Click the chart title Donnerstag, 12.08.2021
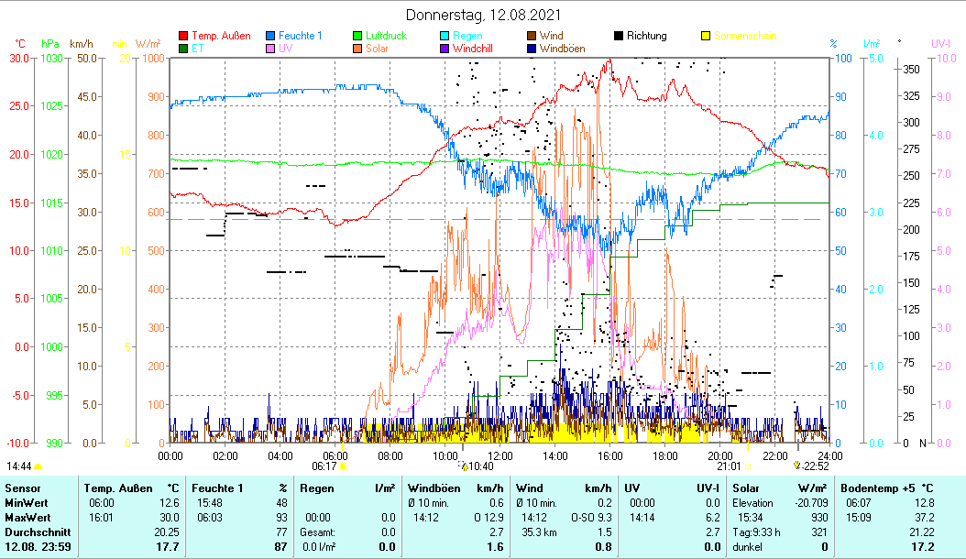(483, 16)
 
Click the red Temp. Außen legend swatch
(183, 37)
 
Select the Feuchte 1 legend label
(302, 37)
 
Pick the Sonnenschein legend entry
(745, 37)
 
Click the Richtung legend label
(646, 37)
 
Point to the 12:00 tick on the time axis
(500, 455)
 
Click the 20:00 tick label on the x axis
(720, 455)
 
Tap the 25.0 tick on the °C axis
(19, 106)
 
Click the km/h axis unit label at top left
(81, 43)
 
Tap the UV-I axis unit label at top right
(940, 43)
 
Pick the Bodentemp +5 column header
(886, 488)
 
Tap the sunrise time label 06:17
(324, 466)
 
